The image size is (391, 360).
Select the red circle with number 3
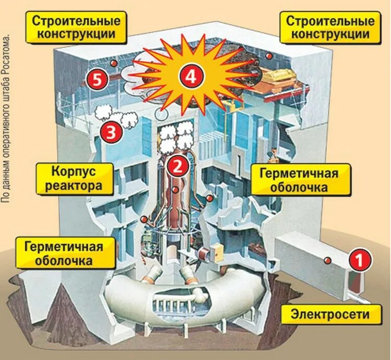tap(111, 133)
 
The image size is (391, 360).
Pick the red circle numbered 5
tap(96, 79)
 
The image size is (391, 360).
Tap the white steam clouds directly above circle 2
tap(176, 136)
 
